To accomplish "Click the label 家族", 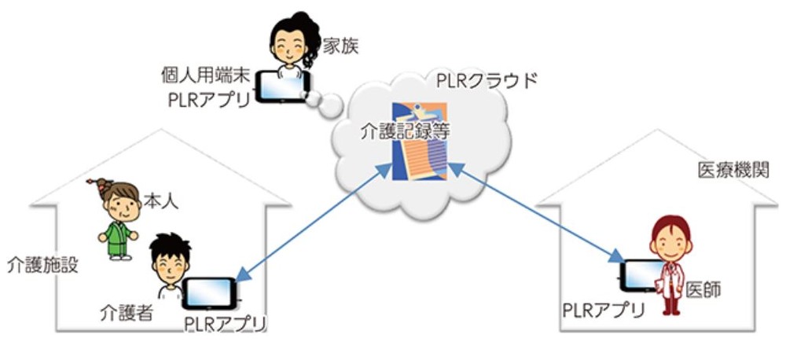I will pos(340,46).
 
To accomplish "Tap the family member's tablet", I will pos(284,89).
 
